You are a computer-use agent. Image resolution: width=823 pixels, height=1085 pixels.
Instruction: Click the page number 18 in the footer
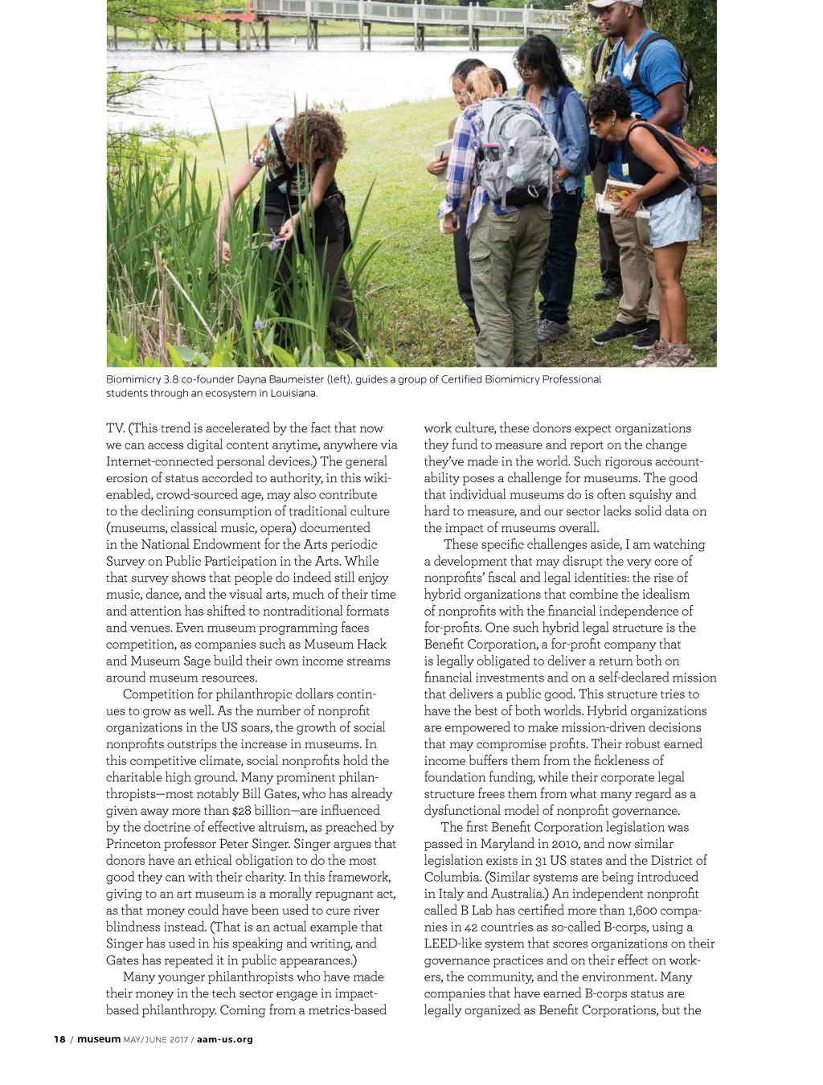click(59, 1039)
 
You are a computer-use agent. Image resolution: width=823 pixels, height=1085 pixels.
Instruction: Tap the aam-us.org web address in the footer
click(225, 1039)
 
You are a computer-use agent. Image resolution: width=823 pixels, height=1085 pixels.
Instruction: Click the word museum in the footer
click(99, 1039)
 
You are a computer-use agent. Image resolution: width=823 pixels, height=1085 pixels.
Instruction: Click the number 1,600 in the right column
click(649, 911)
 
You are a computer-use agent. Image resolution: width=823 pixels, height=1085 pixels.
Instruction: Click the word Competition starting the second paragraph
click(159, 694)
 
